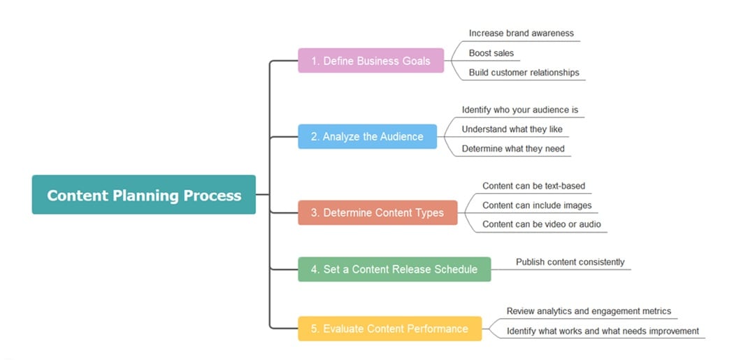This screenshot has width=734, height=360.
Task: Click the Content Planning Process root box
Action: click(144, 195)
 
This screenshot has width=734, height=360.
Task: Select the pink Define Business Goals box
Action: click(370, 61)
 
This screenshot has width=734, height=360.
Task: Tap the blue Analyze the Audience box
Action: click(367, 136)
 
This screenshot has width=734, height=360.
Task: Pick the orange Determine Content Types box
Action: click(377, 213)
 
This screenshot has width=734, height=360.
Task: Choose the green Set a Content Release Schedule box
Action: click(394, 269)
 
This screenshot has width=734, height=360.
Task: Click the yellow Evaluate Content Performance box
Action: click(389, 329)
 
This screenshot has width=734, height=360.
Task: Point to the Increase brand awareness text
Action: click(521, 33)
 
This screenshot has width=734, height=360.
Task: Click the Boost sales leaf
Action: click(491, 53)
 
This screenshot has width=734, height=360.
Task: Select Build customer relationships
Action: click(524, 73)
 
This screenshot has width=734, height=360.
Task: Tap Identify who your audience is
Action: click(519, 110)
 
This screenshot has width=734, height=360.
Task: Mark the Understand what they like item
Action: click(512, 129)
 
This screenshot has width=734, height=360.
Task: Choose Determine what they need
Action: click(512, 149)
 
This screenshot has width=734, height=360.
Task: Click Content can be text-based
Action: click(533, 186)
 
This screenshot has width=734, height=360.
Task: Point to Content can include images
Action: click(537, 206)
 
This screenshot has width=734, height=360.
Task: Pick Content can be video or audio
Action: click(541, 225)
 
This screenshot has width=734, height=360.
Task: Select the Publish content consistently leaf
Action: click(570, 262)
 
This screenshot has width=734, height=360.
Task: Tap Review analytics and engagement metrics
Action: click(589, 311)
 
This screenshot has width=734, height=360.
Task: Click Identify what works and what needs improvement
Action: click(603, 331)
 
